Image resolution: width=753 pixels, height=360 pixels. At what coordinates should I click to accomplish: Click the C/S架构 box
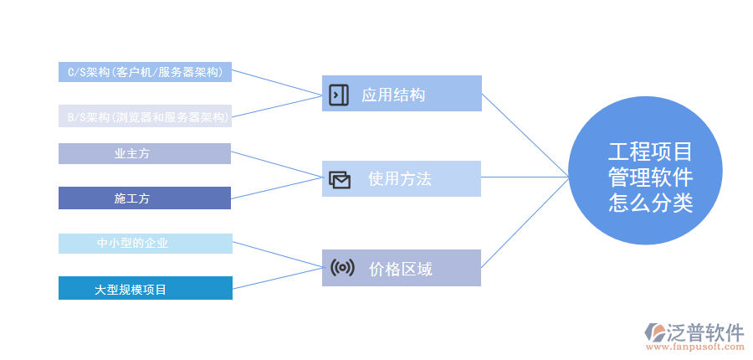pos(145,72)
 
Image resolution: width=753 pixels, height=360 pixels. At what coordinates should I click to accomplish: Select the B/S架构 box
pos(145,117)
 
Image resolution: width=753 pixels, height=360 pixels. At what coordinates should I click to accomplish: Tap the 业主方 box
pos(145,153)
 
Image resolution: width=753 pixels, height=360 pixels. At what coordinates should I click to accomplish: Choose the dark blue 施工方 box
pos(145,198)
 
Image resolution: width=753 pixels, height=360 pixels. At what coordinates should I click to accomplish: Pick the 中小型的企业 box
pos(145,244)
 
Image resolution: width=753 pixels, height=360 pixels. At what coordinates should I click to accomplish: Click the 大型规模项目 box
pos(145,289)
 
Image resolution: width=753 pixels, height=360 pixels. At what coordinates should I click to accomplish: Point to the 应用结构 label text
pos(393,95)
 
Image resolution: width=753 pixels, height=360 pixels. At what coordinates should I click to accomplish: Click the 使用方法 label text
pos(400,179)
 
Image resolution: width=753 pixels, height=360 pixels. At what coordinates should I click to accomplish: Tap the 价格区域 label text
pos(400,269)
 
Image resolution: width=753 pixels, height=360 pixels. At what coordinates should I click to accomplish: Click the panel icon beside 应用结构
pos(338,94)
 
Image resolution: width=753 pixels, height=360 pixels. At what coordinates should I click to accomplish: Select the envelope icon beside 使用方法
pos(339,179)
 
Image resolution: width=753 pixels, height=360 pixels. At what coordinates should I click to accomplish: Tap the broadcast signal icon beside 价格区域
pos(341,268)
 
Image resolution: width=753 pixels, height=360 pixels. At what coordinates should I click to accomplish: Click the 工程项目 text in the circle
pos(650,152)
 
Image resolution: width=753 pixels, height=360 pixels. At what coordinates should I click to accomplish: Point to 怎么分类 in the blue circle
pos(650,203)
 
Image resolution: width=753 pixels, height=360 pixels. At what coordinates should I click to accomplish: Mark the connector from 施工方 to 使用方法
pos(276,188)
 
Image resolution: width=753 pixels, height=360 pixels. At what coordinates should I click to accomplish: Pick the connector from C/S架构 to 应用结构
pos(276,82)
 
